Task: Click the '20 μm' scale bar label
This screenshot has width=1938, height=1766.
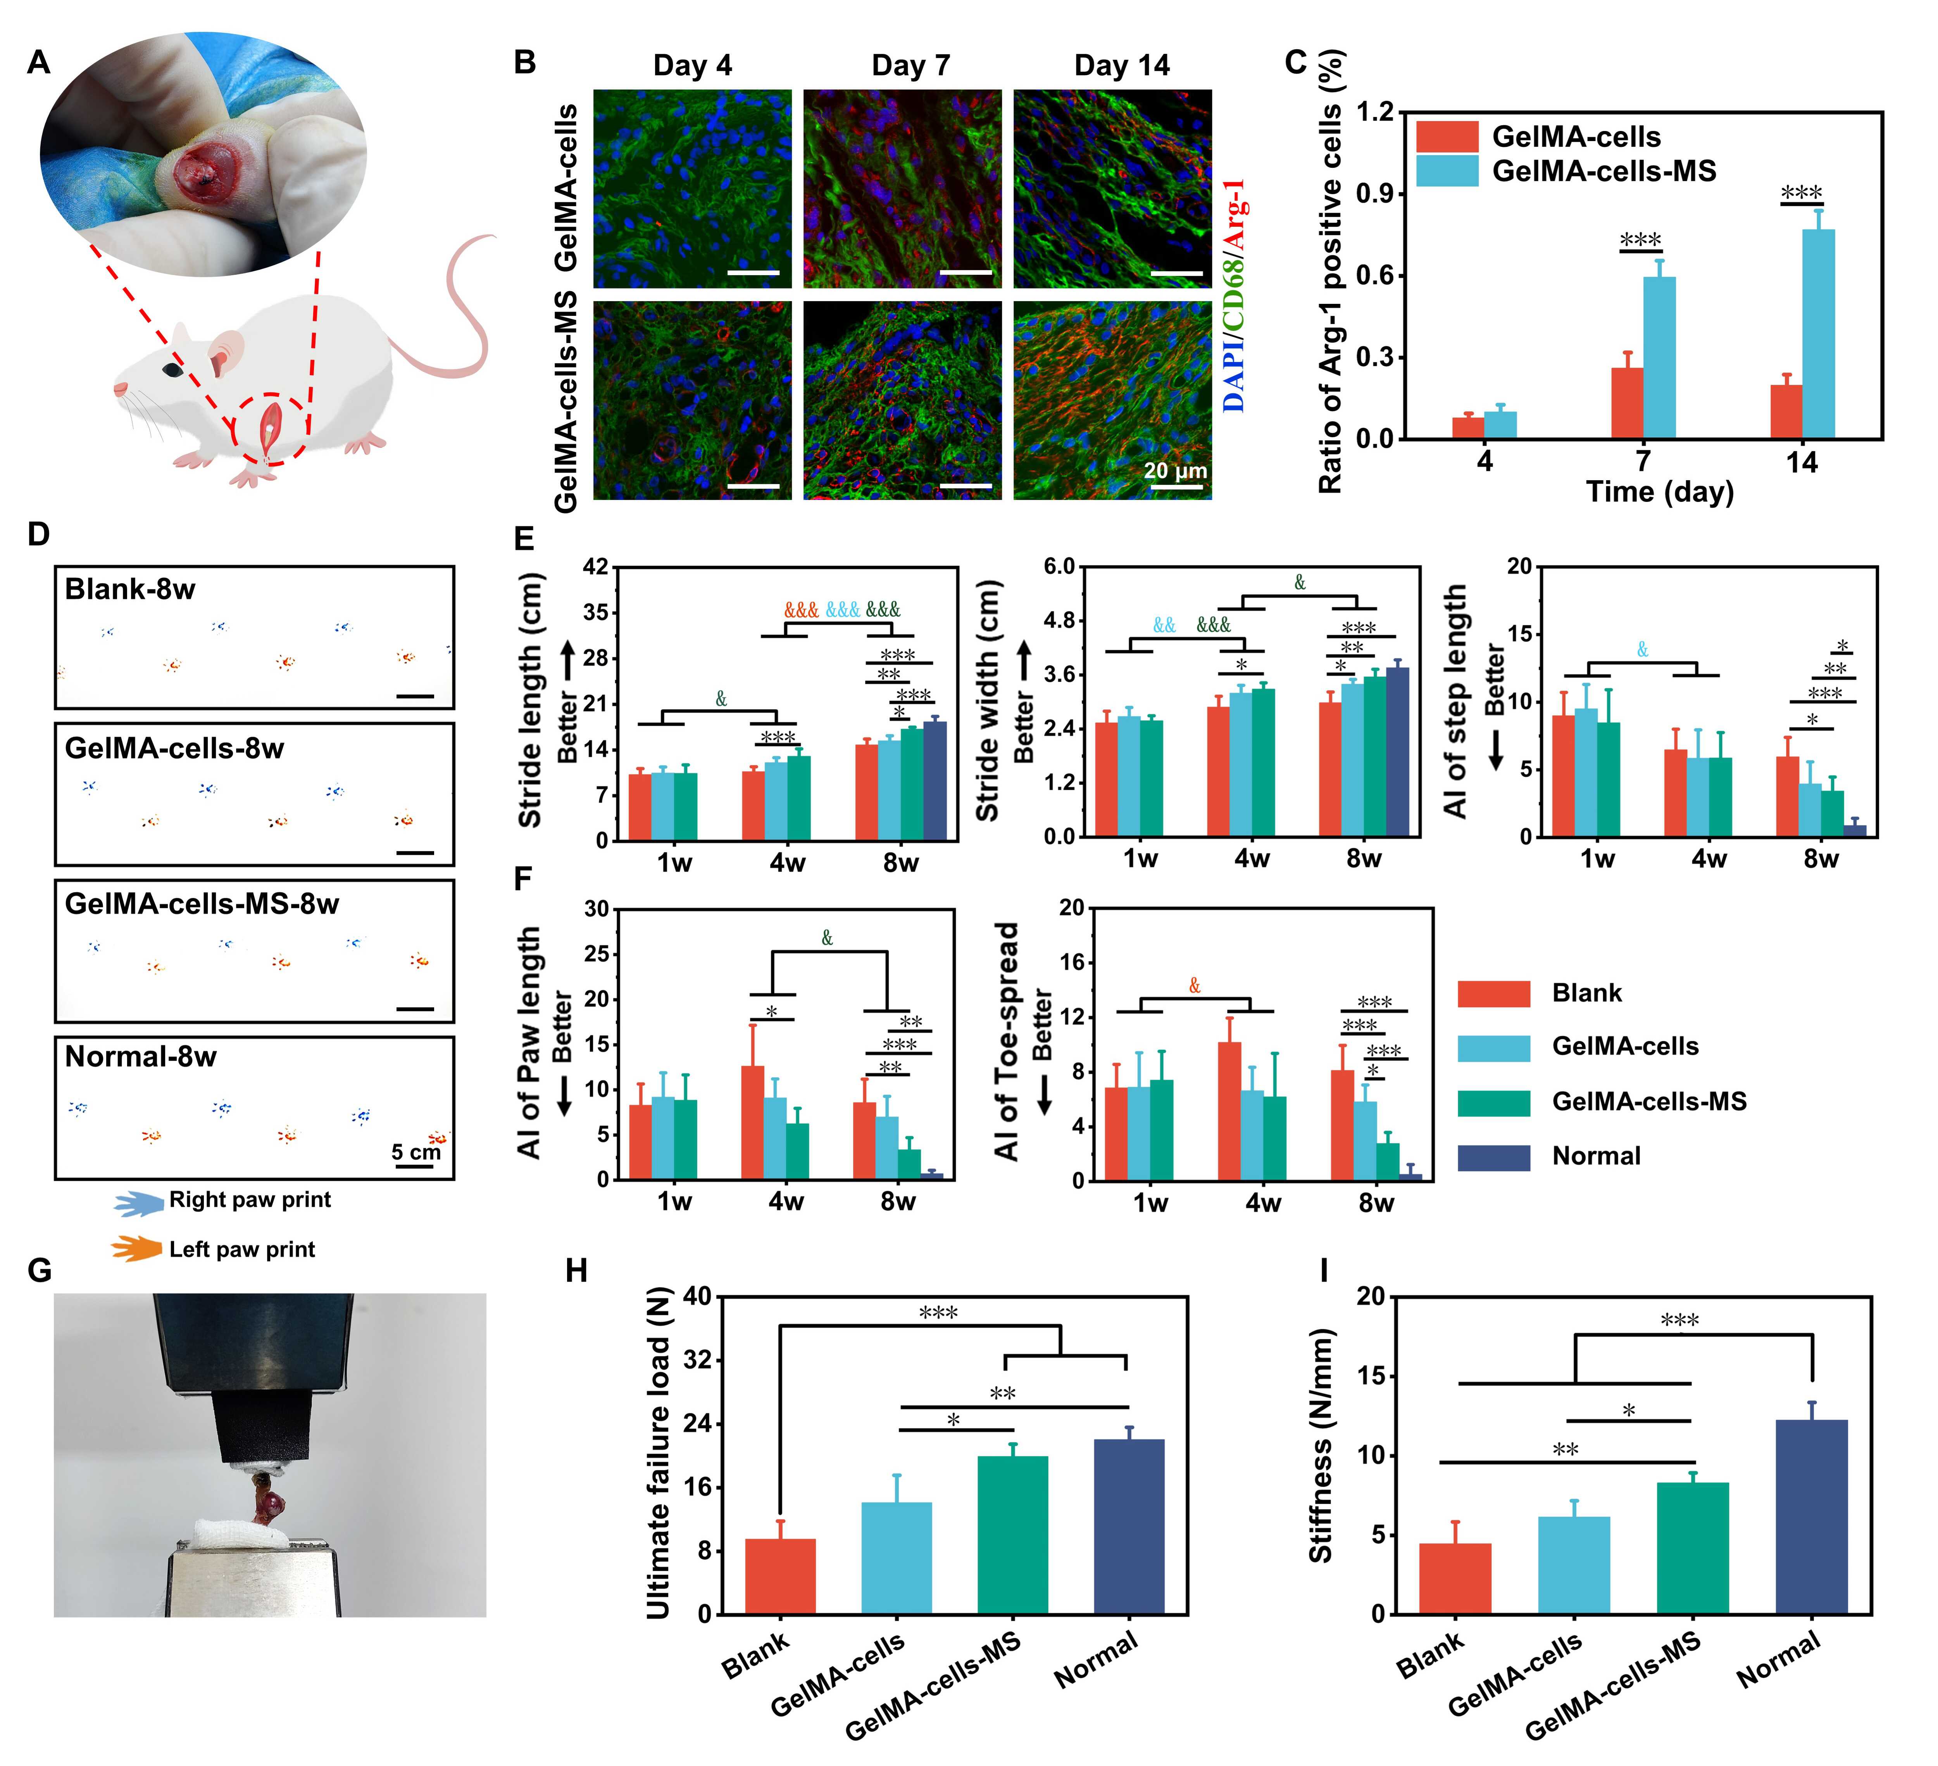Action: (x=1175, y=471)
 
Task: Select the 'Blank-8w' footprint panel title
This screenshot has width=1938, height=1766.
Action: (x=130, y=589)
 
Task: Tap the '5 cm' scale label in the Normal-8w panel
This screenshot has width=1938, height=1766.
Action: (x=416, y=1152)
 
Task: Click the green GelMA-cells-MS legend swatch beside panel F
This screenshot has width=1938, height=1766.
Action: (x=1493, y=1103)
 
